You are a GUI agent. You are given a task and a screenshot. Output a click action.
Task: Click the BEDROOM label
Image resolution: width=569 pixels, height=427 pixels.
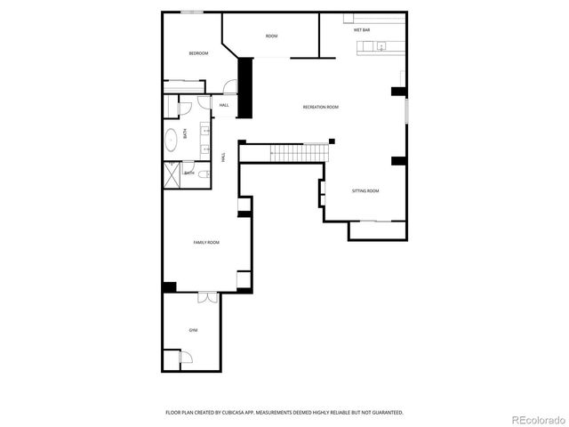(x=198, y=53)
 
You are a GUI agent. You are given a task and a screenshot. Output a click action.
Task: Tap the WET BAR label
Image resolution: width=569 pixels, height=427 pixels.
(x=362, y=30)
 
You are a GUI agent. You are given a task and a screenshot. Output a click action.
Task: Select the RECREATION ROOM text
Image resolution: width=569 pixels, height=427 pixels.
(x=320, y=107)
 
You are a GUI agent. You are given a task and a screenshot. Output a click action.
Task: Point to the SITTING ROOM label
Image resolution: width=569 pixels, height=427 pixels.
(x=365, y=190)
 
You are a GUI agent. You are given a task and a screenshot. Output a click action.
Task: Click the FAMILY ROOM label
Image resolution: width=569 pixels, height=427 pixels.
(x=206, y=242)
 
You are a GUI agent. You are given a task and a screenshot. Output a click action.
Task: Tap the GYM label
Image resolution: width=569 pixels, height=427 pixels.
(x=193, y=330)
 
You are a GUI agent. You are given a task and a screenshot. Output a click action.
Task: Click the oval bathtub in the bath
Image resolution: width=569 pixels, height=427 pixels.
(x=171, y=140)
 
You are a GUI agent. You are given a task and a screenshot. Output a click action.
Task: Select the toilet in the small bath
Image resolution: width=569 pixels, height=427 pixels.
(x=204, y=173)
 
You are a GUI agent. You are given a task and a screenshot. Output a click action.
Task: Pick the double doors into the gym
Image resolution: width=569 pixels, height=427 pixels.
(x=207, y=298)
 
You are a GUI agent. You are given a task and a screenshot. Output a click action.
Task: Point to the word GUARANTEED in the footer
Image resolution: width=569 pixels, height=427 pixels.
(x=383, y=412)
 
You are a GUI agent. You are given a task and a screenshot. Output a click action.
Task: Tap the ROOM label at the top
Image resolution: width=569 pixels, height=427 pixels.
(x=271, y=36)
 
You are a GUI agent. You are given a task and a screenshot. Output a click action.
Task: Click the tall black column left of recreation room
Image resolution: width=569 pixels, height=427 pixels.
(x=246, y=86)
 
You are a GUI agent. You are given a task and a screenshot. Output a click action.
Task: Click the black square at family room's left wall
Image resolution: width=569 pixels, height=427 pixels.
(x=169, y=286)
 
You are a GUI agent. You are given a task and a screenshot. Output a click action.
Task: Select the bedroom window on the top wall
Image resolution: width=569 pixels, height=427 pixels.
(x=192, y=12)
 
